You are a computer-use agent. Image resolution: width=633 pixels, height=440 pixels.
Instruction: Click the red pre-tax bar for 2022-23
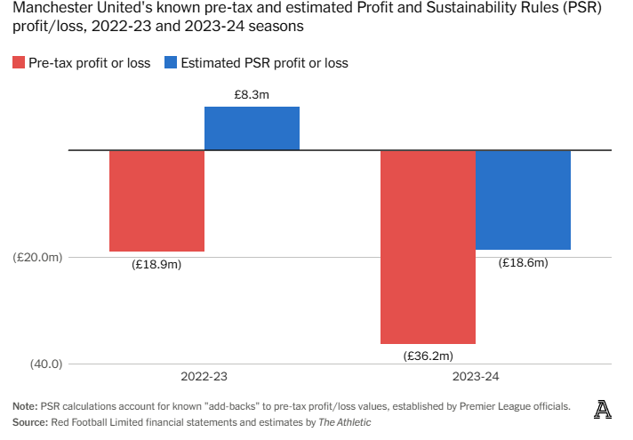(156, 201)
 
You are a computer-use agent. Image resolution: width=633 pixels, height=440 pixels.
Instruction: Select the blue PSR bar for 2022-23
(252, 128)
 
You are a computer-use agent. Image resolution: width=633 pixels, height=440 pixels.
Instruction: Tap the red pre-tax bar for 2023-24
(429, 247)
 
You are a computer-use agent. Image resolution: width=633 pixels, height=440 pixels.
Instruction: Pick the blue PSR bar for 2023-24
(523, 200)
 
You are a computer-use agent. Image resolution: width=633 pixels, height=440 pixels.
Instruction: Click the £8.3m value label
(252, 93)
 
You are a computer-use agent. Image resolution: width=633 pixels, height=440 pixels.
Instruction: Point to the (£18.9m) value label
(156, 264)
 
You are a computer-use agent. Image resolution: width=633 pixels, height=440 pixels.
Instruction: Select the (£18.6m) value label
(523, 262)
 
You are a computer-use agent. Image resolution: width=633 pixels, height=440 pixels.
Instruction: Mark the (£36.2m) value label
(429, 356)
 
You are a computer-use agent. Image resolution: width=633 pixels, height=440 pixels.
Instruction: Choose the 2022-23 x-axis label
(204, 377)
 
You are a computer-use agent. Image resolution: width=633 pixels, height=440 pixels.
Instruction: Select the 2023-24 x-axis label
(476, 377)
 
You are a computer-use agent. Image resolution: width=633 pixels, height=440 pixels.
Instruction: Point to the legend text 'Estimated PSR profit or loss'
(264, 63)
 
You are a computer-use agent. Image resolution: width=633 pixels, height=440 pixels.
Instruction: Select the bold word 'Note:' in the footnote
(26, 405)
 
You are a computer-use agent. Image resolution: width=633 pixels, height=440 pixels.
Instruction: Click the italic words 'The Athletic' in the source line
(344, 421)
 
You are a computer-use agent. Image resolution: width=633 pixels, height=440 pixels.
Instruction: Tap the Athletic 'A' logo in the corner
(604, 409)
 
